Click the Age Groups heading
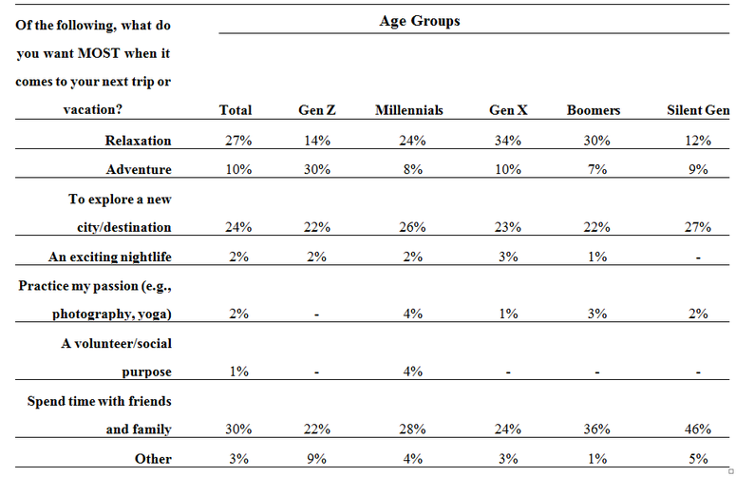pyautogui.click(x=420, y=21)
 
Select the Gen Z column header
pyautogui.click(x=317, y=110)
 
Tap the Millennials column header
pyautogui.click(x=409, y=110)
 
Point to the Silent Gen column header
pyautogui.click(x=698, y=110)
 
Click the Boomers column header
pyautogui.click(x=594, y=110)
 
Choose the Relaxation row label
pyautogui.click(x=138, y=141)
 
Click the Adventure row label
pyautogui.click(x=139, y=169)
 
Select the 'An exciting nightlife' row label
pyautogui.click(x=110, y=257)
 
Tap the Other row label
pyautogui.click(x=153, y=459)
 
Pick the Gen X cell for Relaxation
pyautogui.click(x=508, y=141)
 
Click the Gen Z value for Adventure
pyautogui.click(x=317, y=169)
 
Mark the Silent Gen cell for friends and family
pyautogui.click(x=698, y=429)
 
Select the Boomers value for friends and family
pyautogui.click(x=596, y=429)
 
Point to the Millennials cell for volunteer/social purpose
pyautogui.click(x=412, y=372)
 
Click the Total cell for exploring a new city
pyautogui.click(x=238, y=227)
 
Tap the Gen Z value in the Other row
pyautogui.click(x=317, y=459)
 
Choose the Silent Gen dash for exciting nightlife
pyautogui.click(x=698, y=258)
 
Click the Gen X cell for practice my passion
pyautogui.click(x=508, y=314)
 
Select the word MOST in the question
pyautogui.click(x=99, y=53)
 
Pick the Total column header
pyautogui.click(x=236, y=110)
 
